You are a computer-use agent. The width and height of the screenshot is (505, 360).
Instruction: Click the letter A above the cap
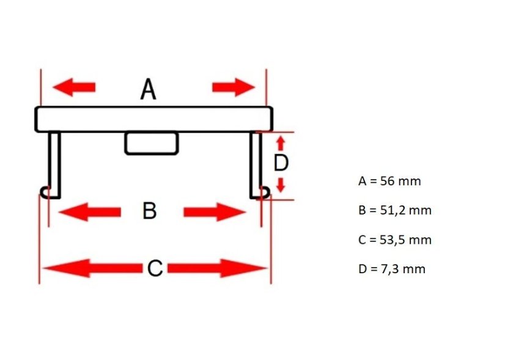[149, 89]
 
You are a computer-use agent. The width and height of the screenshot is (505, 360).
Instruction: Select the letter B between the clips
[149, 211]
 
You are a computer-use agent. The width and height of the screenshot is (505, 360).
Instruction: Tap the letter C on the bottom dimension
[155, 268]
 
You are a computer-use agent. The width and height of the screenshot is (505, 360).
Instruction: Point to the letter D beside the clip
[281, 163]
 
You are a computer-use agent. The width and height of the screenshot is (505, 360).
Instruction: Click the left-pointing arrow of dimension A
[74, 87]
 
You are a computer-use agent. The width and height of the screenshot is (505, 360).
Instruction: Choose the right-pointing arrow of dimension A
[234, 87]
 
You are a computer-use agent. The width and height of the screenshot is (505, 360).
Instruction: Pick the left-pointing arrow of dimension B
[89, 212]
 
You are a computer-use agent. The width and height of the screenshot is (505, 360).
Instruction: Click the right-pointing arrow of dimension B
[215, 212]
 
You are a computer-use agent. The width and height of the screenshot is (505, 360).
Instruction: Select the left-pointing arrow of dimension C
[92, 268]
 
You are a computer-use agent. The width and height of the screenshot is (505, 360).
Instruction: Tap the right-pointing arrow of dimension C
[217, 268]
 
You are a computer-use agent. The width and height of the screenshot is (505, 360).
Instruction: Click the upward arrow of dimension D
[281, 143]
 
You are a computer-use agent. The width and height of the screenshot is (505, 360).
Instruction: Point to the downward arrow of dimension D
[281, 185]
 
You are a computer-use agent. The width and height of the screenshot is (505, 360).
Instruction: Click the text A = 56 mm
[389, 181]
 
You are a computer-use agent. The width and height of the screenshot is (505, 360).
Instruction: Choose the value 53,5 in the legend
[389, 240]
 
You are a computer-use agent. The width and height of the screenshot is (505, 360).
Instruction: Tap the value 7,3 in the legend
[390, 269]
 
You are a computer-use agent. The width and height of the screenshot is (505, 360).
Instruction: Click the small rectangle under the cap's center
[152, 143]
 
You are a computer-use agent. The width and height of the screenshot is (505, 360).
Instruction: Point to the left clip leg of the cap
[54, 164]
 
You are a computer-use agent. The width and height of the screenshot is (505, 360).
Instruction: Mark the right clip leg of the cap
[256, 164]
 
